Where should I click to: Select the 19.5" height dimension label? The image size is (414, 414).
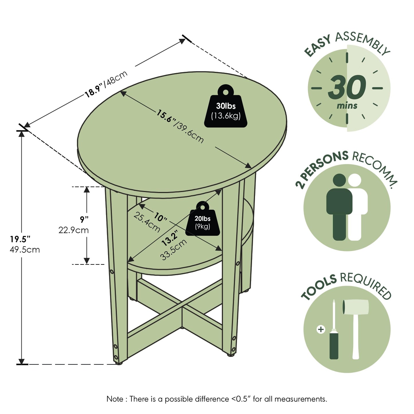(20, 239)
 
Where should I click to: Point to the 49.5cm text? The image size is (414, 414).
(25, 250)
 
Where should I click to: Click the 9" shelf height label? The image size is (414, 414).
(84, 219)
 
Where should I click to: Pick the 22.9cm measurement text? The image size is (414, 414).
(73, 230)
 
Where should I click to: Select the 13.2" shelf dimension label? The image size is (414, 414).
(170, 238)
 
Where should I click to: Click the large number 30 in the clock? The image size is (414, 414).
(347, 87)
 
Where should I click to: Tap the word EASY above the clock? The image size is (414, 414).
(317, 46)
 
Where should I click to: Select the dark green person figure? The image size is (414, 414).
(339, 207)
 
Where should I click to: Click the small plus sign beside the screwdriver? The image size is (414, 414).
(321, 329)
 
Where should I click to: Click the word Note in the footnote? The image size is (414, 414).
(115, 399)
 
